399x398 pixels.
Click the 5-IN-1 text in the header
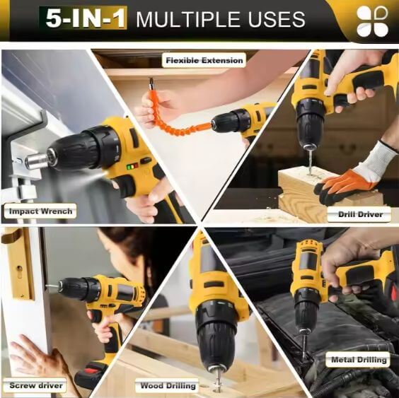click(x=86, y=18)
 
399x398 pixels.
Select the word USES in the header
click(x=277, y=19)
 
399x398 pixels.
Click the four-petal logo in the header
click(x=372, y=21)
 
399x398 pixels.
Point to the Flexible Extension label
click(x=204, y=60)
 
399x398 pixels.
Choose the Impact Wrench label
click(x=40, y=211)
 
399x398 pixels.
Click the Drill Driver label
click(x=360, y=214)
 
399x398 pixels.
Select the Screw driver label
click(x=36, y=385)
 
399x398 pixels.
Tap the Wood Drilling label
click(x=168, y=385)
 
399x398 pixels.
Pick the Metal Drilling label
click(x=359, y=360)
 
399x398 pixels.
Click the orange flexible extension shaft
click(x=173, y=119)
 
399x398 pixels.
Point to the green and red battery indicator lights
click(x=132, y=167)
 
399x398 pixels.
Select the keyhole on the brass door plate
click(x=20, y=269)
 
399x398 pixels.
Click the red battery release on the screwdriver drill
click(x=95, y=370)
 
